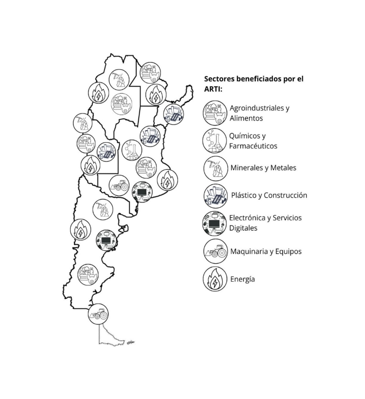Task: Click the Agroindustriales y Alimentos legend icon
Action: (215, 113)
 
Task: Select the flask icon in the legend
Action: (214, 141)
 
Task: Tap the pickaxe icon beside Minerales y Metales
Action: (216, 168)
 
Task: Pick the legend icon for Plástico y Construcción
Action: (216, 196)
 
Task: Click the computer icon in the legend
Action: (214, 223)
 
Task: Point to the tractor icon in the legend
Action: (216, 251)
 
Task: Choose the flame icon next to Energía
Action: (215, 279)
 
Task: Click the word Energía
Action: (242, 279)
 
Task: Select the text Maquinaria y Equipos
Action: (266, 252)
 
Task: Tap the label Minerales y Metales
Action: (263, 168)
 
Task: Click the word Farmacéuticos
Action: (253, 146)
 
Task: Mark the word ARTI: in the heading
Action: (213, 89)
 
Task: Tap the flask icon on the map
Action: (132, 150)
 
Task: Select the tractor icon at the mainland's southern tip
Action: (98, 314)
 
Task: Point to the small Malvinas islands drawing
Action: (131, 342)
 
